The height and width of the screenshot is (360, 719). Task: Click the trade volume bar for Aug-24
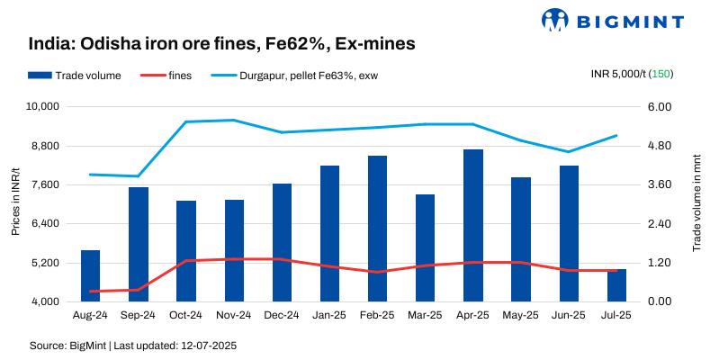tap(90, 275)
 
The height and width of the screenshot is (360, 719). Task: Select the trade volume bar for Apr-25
tap(473, 225)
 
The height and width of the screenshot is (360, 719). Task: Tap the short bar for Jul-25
tap(616, 285)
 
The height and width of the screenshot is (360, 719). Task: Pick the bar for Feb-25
tap(377, 229)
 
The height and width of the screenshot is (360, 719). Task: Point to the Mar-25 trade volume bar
tap(425, 247)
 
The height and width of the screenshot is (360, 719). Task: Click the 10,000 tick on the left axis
tap(42, 106)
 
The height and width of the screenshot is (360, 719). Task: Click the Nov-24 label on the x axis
tap(233, 315)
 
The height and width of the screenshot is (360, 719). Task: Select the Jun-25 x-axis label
tap(569, 315)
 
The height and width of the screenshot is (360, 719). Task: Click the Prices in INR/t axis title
tap(15, 203)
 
